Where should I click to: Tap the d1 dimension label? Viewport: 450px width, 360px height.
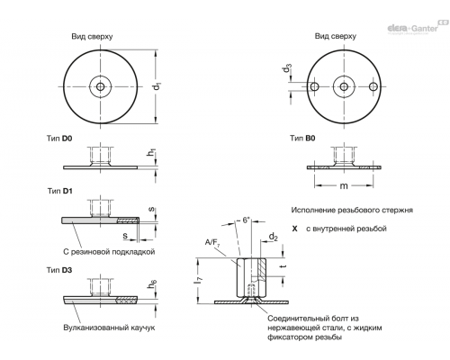coord(157,86)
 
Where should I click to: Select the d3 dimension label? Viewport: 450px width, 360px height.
coord(287,68)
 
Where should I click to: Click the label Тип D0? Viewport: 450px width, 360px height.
coord(59,139)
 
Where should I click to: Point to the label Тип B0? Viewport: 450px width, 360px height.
coord(302,138)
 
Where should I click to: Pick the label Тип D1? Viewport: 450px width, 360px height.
coord(59,191)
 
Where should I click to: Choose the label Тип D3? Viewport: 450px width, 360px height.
coord(59,270)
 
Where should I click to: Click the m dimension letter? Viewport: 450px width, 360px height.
coord(344,186)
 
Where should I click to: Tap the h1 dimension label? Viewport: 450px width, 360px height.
coord(150,152)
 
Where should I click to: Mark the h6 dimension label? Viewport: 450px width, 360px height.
coord(152,283)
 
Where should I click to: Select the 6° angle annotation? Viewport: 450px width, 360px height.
coord(246,220)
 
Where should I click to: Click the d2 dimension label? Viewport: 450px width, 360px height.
coord(273,237)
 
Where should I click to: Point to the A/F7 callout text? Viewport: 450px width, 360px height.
coord(212,243)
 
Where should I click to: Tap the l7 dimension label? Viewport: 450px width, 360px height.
coord(198,281)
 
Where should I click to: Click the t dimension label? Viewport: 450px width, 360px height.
coord(283,265)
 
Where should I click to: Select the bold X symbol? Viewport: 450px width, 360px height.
coord(295,229)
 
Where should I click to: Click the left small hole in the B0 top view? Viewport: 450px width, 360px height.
coord(314,86)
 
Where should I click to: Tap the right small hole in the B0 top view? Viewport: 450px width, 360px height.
coord(373,86)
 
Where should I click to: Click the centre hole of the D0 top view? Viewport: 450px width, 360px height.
coord(101,87)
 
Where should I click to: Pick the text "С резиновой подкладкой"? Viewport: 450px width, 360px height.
coord(109,251)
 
